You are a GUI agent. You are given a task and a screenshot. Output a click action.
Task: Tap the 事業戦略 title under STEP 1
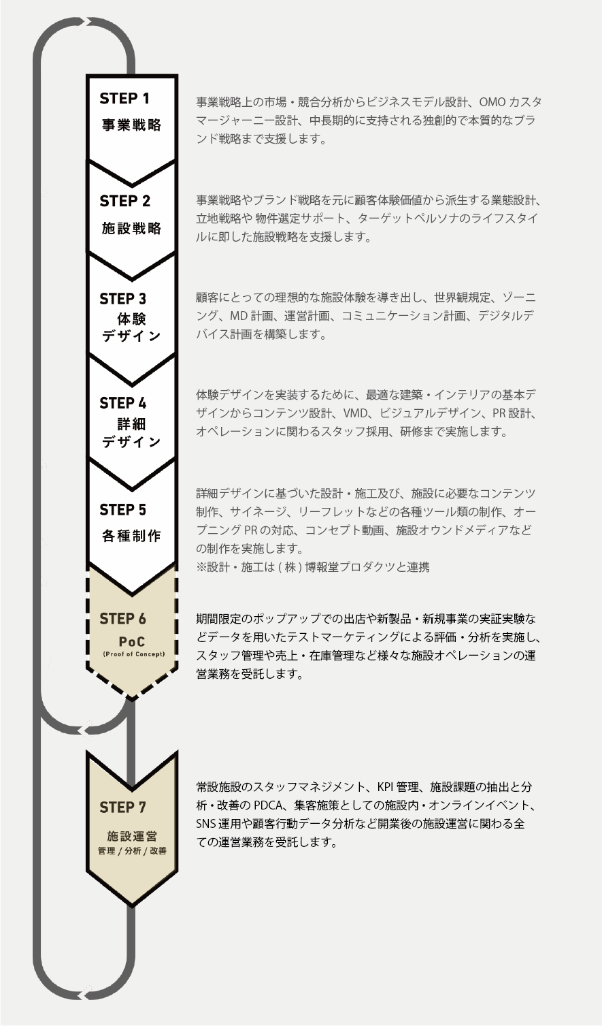pyautogui.click(x=131, y=126)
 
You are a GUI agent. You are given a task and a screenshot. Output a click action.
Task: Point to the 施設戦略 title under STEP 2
pyautogui.click(x=131, y=228)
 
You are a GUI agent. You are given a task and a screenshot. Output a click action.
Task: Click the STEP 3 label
pyautogui.click(x=122, y=299)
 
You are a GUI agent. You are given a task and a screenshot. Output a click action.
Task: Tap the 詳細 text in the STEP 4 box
pyautogui.click(x=131, y=423)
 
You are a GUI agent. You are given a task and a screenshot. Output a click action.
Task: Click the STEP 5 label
pyautogui.click(x=122, y=510)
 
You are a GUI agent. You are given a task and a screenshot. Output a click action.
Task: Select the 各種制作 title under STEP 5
pyautogui.click(x=131, y=536)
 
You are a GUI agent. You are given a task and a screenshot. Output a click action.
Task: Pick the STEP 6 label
pyautogui.click(x=122, y=619)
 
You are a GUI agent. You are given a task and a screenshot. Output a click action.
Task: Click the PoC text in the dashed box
pyautogui.click(x=131, y=642)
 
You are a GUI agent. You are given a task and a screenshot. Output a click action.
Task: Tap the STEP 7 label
pyautogui.click(x=122, y=807)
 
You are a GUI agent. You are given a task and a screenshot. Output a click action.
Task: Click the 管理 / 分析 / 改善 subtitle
pyautogui.click(x=132, y=851)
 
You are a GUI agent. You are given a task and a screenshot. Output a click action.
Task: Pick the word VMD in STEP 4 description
pyautogui.click(x=355, y=414)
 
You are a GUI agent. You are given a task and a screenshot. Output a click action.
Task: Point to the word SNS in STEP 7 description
pyautogui.click(x=205, y=824)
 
